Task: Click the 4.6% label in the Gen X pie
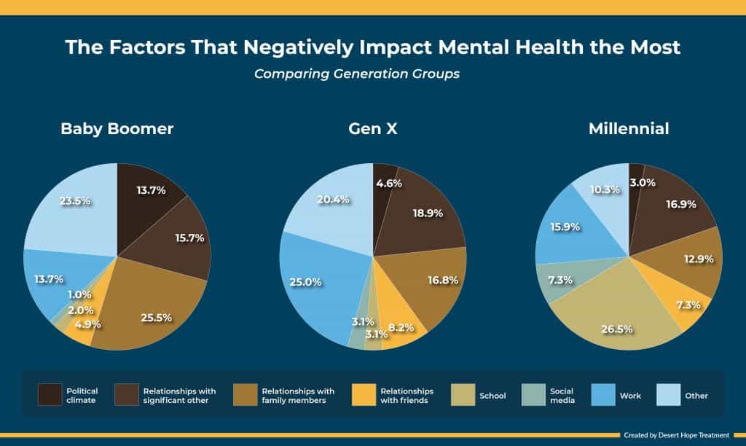click(x=387, y=184)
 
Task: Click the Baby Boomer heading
click(x=117, y=129)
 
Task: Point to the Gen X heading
click(x=372, y=129)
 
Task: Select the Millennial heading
click(x=629, y=129)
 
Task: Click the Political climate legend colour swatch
click(x=50, y=394)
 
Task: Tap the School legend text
click(x=492, y=396)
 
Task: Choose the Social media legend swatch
click(x=534, y=394)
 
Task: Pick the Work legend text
click(x=630, y=396)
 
